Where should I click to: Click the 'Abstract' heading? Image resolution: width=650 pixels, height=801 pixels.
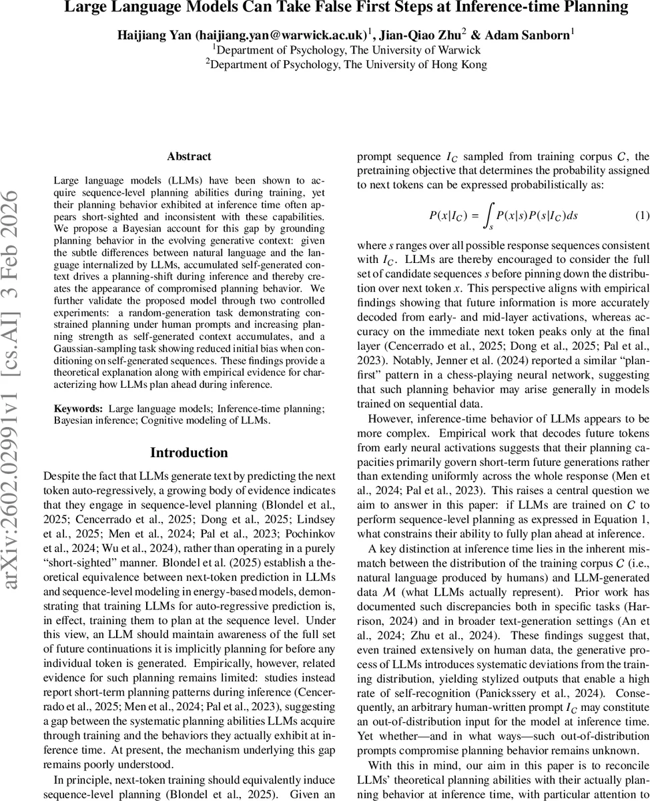[189, 157]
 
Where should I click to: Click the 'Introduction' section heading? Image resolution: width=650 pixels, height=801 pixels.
[189, 453]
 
